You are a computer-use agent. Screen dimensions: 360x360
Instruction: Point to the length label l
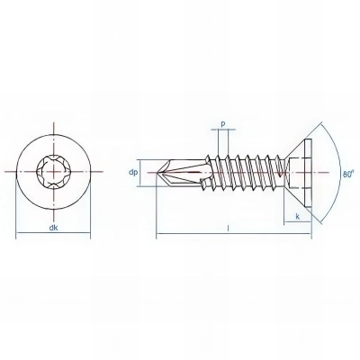pos(229,230)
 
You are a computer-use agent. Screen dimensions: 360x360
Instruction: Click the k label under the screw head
pos(298,218)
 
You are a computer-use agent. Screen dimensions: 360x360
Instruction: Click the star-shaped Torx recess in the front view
pos(55,169)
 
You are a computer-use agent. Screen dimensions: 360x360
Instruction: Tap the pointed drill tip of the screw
pos(159,168)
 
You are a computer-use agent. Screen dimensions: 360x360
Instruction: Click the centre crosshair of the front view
pos(55,169)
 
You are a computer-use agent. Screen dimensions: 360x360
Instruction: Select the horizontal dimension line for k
pos(298,225)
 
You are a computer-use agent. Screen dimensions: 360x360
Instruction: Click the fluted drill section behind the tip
pos(184,168)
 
